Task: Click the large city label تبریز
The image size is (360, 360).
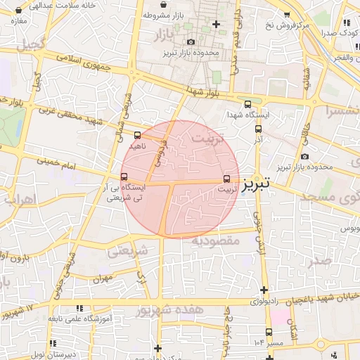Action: coord(257,186)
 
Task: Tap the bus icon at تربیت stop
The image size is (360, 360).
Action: coord(226,179)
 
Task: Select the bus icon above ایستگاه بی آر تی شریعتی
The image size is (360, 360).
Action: coord(124,176)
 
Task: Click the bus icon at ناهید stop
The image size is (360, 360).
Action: coord(137,134)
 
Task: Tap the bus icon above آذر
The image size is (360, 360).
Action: coord(257,129)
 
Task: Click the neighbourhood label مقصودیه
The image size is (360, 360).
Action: coord(216,240)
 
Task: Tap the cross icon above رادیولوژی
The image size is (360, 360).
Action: coord(264,290)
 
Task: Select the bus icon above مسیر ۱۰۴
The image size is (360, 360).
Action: coord(269,332)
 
